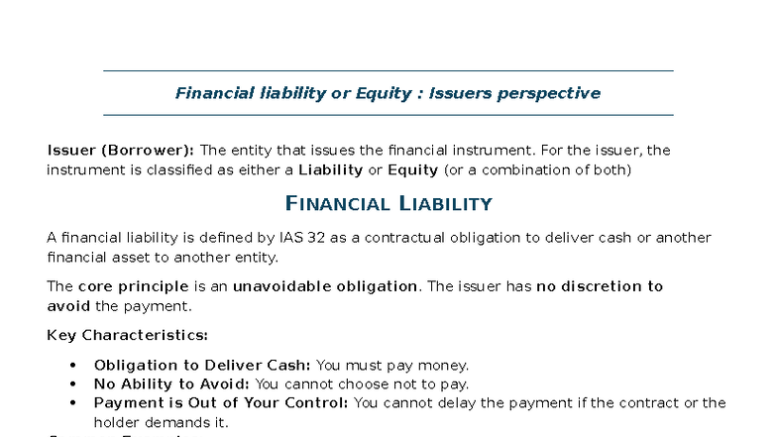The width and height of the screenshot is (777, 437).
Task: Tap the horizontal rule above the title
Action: click(388, 71)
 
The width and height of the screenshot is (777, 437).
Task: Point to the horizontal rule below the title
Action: click(388, 115)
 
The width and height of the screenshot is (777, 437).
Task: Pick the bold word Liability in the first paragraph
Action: click(331, 169)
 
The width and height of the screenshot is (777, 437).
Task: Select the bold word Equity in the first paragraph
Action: click(412, 169)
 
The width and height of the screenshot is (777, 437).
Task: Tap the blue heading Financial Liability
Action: click(388, 204)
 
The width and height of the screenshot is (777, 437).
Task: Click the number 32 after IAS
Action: click(319, 238)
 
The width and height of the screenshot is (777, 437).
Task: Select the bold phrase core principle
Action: click(133, 286)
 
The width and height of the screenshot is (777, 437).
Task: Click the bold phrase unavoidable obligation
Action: click(325, 286)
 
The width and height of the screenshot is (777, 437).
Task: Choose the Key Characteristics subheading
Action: click(127, 335)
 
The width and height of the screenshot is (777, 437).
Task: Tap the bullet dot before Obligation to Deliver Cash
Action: click(73, 366)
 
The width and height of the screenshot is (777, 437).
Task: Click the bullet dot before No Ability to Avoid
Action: click(73, 384)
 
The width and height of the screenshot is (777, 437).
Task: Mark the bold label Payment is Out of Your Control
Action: click(221, 403)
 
